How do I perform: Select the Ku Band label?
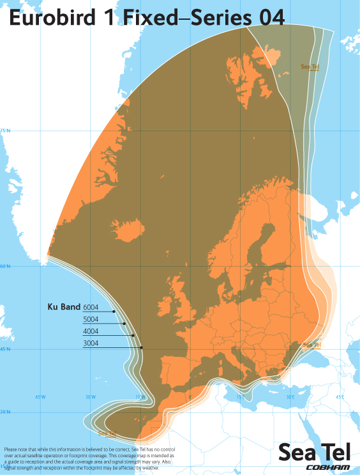point(63,307)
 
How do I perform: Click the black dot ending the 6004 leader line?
point(114,312)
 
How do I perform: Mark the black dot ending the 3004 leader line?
point(141,347)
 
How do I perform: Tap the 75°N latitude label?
point(5,130)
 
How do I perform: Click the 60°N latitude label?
point(5,266)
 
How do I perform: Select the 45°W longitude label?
point(40,397)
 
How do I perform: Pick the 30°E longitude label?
point(289,397)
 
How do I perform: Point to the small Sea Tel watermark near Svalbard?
point(310,66)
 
